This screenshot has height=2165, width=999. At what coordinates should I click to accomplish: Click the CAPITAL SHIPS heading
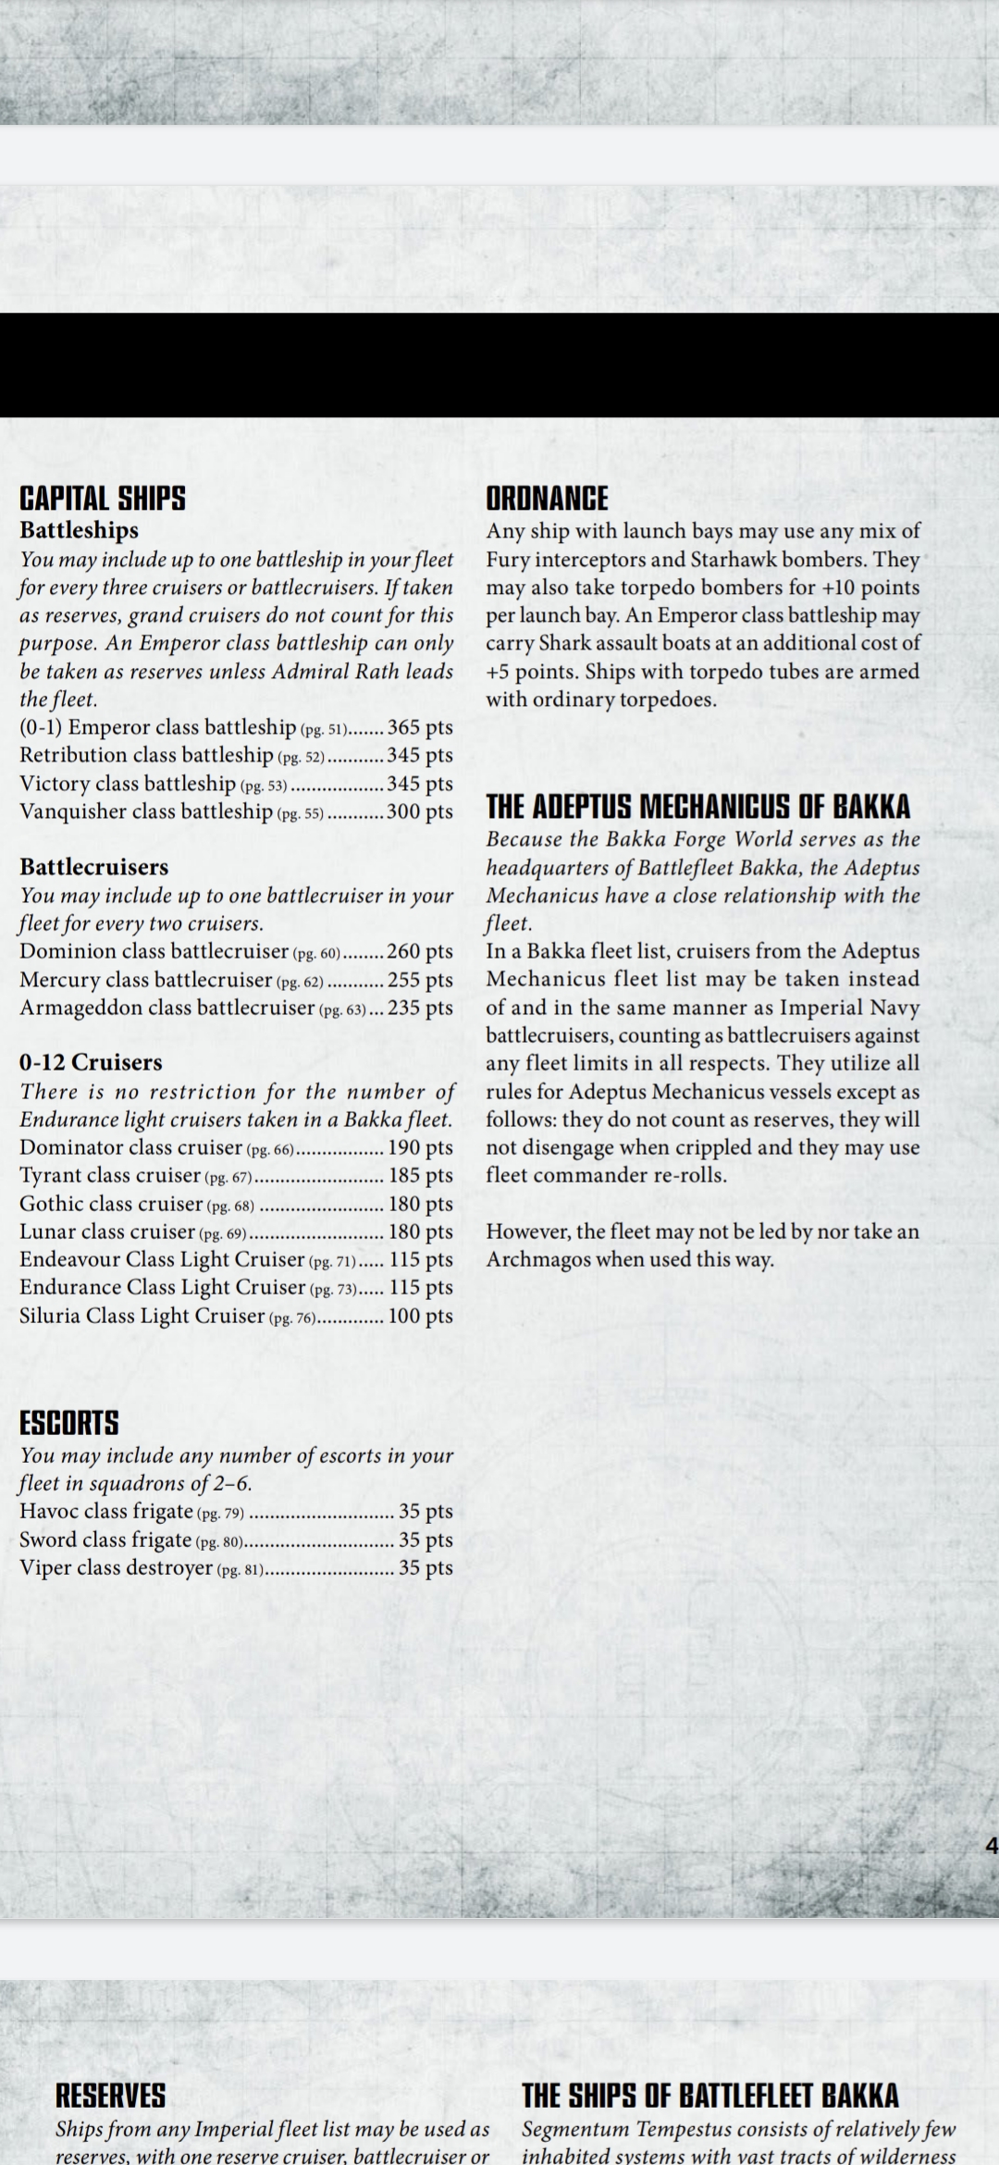pos(103,500)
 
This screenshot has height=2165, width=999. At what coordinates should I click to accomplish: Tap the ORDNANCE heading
pos(548,500)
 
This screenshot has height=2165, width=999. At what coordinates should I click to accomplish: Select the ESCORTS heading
pos(69,1423)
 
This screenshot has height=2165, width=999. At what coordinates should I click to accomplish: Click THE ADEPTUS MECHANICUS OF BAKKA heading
pos(698,808)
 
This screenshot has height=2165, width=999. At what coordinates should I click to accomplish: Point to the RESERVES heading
pos(110,2096)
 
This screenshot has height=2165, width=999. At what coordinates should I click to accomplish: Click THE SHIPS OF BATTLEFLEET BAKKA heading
pos(710,2096)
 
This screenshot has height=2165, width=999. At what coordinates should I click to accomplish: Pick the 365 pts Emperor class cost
pos(420,727)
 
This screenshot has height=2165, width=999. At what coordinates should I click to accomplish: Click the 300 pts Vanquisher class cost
pos(420,811)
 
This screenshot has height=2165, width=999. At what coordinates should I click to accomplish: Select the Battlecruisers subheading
pos(94,867)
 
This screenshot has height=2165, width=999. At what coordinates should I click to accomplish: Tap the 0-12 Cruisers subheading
pos(91,1062)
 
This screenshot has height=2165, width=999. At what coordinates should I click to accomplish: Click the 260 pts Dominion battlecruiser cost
pos(420,951)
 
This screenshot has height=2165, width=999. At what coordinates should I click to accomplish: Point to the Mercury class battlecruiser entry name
pos(146,980)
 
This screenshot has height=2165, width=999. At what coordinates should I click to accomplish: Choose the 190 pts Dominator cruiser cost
pos(420,1147)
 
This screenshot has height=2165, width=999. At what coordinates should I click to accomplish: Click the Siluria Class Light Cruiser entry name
pos(142,1316)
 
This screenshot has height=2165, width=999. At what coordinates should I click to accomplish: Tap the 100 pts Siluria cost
pos(420,1316)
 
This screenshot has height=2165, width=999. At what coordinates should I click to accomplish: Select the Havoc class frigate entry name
pos(106,1511)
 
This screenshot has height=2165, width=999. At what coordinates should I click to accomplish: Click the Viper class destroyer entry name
pos(117,1567)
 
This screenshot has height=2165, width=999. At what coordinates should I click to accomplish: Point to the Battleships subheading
pos(80,530)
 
